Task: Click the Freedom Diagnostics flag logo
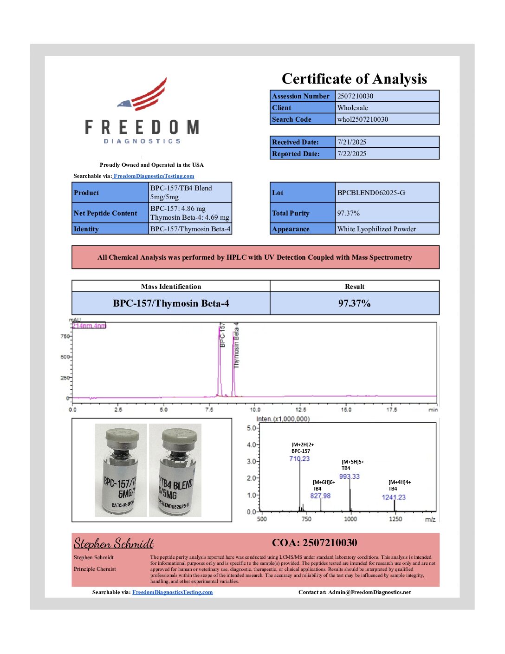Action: tap(144, 95)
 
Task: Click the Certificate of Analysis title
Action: tap(354, 79)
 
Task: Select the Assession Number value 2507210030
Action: tap(355, 96)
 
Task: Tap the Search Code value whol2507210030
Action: tap(363, 119)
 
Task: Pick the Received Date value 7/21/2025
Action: tap(351, 142)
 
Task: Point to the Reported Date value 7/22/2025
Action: tap(351, 154)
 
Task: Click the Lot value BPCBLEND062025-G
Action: tap(371, 193)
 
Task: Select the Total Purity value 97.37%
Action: tap(348, 213)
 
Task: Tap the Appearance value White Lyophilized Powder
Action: tap(376, 229)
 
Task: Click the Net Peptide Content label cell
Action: tap(105, 213)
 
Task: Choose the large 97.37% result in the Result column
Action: tap(354, 303)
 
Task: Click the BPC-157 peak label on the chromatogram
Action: tap(222, 335)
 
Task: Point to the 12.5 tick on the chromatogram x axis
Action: tap(301, 410)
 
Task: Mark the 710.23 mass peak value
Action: tap(299, 458)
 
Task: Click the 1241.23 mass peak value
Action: tap(394, 497)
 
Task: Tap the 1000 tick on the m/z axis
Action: tap(350, 519)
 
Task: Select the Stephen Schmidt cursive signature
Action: tap(114, 543)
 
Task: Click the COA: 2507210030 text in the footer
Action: tap(315, 543)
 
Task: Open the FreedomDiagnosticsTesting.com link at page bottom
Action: tap(172, 592)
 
